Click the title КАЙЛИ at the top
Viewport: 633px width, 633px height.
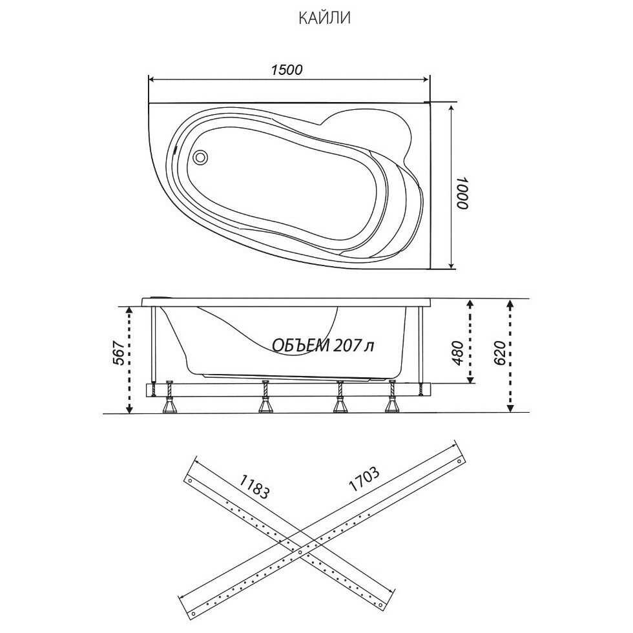[324, 19]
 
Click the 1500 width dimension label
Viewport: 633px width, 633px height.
[286, 70]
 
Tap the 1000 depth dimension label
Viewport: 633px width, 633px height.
[462, 193]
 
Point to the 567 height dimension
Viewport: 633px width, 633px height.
[118, 353]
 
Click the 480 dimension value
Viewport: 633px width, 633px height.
[457, 353]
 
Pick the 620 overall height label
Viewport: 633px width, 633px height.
[499, 353]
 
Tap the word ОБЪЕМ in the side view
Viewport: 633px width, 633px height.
[301, 346]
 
